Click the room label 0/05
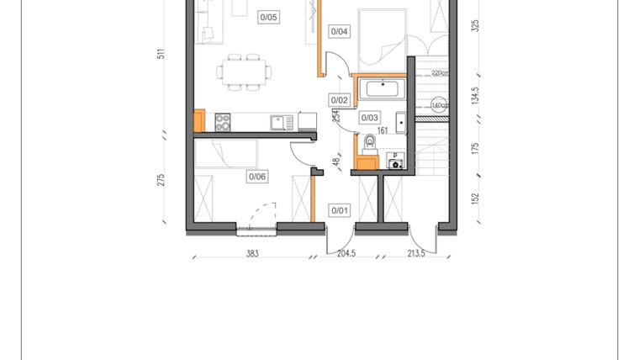point(269,16)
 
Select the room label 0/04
point(340,32)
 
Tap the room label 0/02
point(339,99)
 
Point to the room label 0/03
point(370,118)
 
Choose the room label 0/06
point(256,177)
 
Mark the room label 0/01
point(339,210)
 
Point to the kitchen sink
point(281,123)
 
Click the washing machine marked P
point(394,160)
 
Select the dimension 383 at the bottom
point(252,253)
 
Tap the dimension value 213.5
point(415,253)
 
